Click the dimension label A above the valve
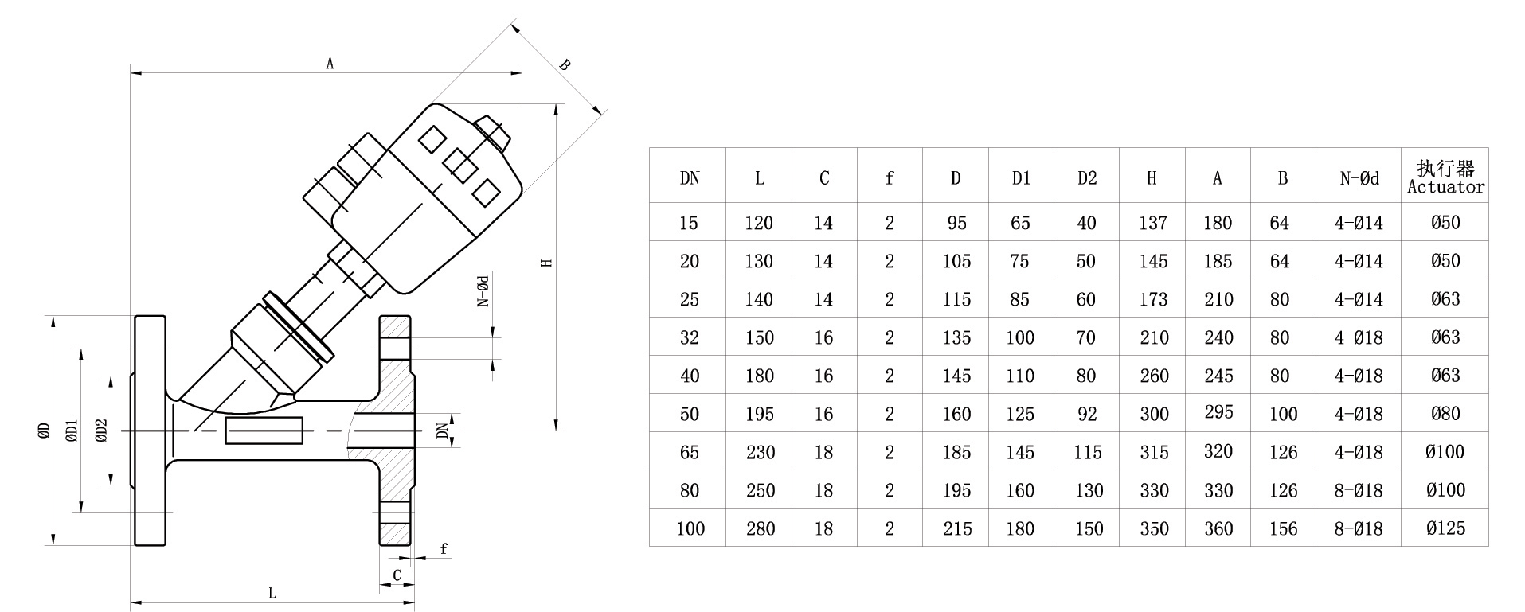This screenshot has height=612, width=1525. [x=330, y=63]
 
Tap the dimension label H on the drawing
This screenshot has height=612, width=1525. [x=546, y=263]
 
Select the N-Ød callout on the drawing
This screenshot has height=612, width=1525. [x=483, y=290]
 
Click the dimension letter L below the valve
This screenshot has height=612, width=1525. [x=272, y=594]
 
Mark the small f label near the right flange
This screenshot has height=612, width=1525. [x=444, y=548]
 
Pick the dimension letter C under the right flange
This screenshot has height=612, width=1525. [x=397, y=575]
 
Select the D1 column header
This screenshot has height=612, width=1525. [x=1021, y=178]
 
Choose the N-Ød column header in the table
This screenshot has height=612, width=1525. [x=1359, y=178]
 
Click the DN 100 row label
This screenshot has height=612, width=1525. [x=690, y=528]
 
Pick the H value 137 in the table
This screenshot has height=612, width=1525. [x=1152, y=223]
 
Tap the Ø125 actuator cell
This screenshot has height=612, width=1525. [x=1445, y=528]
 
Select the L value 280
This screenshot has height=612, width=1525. [x=759, y=528]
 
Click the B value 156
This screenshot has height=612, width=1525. [x=1283, y=528]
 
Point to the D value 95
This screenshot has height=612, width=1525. [x=956, y=223]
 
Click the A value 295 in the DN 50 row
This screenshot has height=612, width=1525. [x=1218, y=411]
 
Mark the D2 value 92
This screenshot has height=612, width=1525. [x=1086, y=414]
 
